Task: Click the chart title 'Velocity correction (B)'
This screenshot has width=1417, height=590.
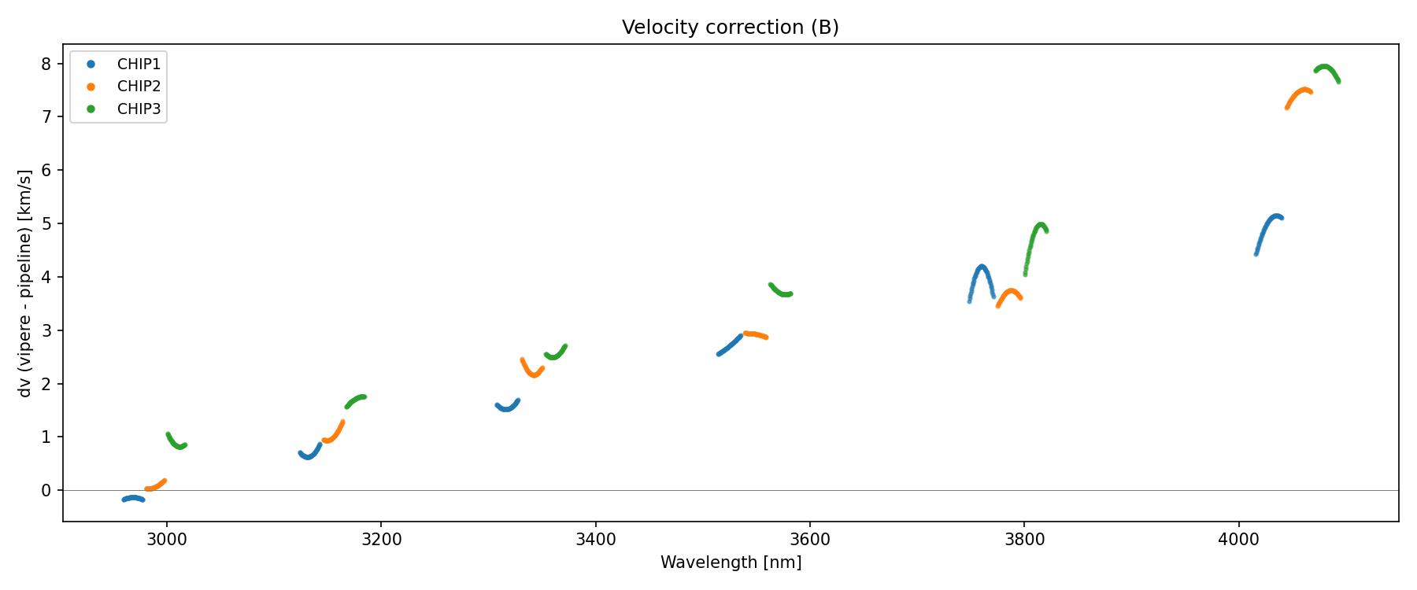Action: tap(730, 28)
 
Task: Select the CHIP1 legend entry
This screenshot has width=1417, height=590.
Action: tap(139, 65)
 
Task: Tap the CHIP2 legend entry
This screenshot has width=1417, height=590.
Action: tap(139, 87)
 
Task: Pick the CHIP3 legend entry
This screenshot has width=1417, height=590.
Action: tap(139, 109)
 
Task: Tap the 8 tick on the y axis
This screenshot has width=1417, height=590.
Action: tap(46, 64)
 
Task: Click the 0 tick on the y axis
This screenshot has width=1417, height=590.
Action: tap(46, 491)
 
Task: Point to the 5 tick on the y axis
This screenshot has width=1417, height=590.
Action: tap(46, 224)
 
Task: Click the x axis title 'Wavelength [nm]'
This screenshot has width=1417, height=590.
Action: tap(731, 562)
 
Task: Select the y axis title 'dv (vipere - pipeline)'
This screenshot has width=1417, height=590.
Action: tap(25, 283)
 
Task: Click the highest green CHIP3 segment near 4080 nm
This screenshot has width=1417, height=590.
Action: tap(1326, 67)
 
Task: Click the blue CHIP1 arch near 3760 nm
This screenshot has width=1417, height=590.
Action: tap(981, 267)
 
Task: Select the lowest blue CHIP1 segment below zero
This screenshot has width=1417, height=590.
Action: tap(132, 498)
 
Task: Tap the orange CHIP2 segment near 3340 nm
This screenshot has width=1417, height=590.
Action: tap(532, 374)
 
